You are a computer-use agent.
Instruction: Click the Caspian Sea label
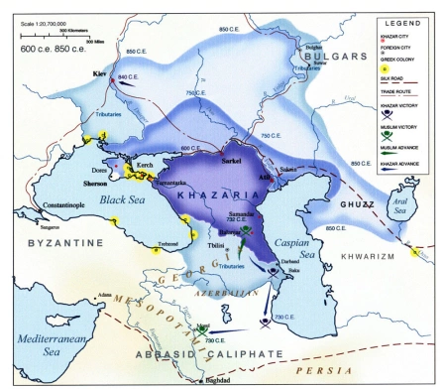310,233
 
